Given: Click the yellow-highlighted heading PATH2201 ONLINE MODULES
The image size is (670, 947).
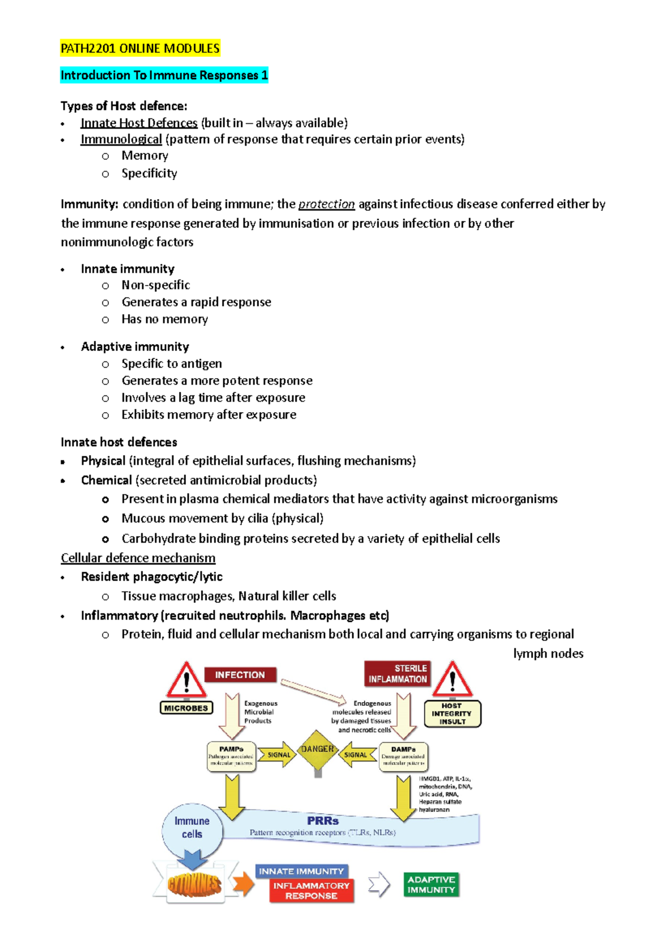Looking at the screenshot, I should pyautogui.click(x=140, y=49).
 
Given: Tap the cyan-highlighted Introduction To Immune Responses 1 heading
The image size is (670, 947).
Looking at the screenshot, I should pyautogui.click(x=164, y=75).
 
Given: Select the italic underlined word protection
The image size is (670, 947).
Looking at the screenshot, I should pyautogui.click(x=326, y=204).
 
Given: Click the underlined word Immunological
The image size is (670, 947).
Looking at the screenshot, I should pyautogui.click(x=121, y=139).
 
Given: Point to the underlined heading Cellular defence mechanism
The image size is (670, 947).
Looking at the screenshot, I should pyautogui.click(x=138, y=558).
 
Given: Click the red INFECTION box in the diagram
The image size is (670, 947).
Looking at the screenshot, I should pyautogui.click(x=240, y=675).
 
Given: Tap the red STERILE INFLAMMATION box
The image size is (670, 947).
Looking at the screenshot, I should pyautogui.click(x=397, y=674).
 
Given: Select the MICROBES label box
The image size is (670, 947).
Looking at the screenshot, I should pyautogui.click(x=186, y=708).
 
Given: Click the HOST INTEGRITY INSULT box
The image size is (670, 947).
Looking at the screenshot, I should pyautogui.click(x=452, y=714).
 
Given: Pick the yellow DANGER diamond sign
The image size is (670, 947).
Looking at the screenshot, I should pyautogui.click(x=317, y=750).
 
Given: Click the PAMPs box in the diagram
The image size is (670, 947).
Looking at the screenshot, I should pyautogui.click(x=231, y=756).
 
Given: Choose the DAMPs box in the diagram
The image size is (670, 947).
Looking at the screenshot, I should pyautogui.click(x=403, y=756).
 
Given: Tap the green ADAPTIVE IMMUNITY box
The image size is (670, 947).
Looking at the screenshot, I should pyautogui.click(x=431, y=885).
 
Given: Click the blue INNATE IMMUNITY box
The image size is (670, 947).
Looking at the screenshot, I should pyautogui.click(x=301, y=871).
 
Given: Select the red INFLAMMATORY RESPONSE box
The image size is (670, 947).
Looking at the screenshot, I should pyautogui.click(x=312, y=891).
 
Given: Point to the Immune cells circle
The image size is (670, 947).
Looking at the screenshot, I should pyautogui.click(x=192, y=828).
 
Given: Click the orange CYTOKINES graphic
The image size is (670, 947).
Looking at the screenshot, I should pyautogui.click(x=194, y=885).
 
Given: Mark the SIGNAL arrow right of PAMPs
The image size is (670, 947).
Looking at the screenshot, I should pyautogui.click(x=277, y=755).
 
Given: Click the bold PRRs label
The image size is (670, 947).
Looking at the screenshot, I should pyautogui.click(x=323, y=821).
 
